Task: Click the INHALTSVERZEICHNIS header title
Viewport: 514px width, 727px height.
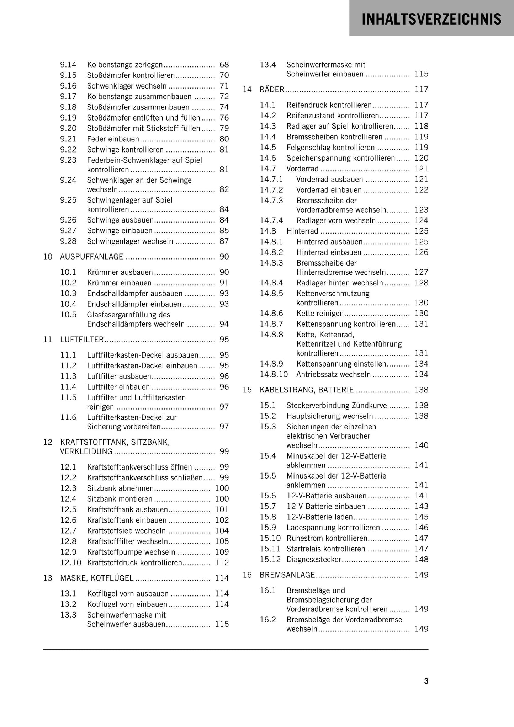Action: pyautogui.click(x=431, y=19)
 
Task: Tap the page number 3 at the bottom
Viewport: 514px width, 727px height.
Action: pyautogui.click(x=426, y=681)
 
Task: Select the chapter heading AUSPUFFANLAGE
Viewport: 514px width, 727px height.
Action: pyautogui.click(x=92, y=257)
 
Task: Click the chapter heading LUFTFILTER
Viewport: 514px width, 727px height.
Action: pyautogui.click(x=82, y=340)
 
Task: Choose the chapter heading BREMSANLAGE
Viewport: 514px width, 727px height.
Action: pyautogui.click(x=287, y=575)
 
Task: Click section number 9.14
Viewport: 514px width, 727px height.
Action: pyautogui.click(x=68, y=65)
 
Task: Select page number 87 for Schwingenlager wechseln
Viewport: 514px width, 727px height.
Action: pyautogui.click(x=224, y=241)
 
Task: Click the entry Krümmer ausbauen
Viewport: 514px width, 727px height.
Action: pyautogui.click(x=120, y=272)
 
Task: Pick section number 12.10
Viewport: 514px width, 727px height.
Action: pyautogui.click(x=71, y=563)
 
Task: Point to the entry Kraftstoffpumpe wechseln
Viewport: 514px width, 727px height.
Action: pyautogui.click(x=131, y=552)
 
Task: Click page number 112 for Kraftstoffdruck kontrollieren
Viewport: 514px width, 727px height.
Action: pyautogui.click(x=222, y=563)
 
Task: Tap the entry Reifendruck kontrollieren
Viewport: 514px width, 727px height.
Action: pyautogui.click(x=329, y=105)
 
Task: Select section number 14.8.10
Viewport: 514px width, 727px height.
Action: pyautogui.click(x=274, y=374)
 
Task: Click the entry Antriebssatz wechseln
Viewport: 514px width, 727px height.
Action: pyautogui.click(x=333, y=374)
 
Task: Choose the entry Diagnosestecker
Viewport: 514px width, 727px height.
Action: pyautogui.click(x=314, y=560)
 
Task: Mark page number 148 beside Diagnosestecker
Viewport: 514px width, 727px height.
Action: pyautogui.click(x=422, y=560)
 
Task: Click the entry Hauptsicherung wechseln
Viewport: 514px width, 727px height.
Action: pyautogui.click(x=330, y=416)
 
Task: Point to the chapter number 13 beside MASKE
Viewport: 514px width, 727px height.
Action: pyautogui.click(x=48, y=578)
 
